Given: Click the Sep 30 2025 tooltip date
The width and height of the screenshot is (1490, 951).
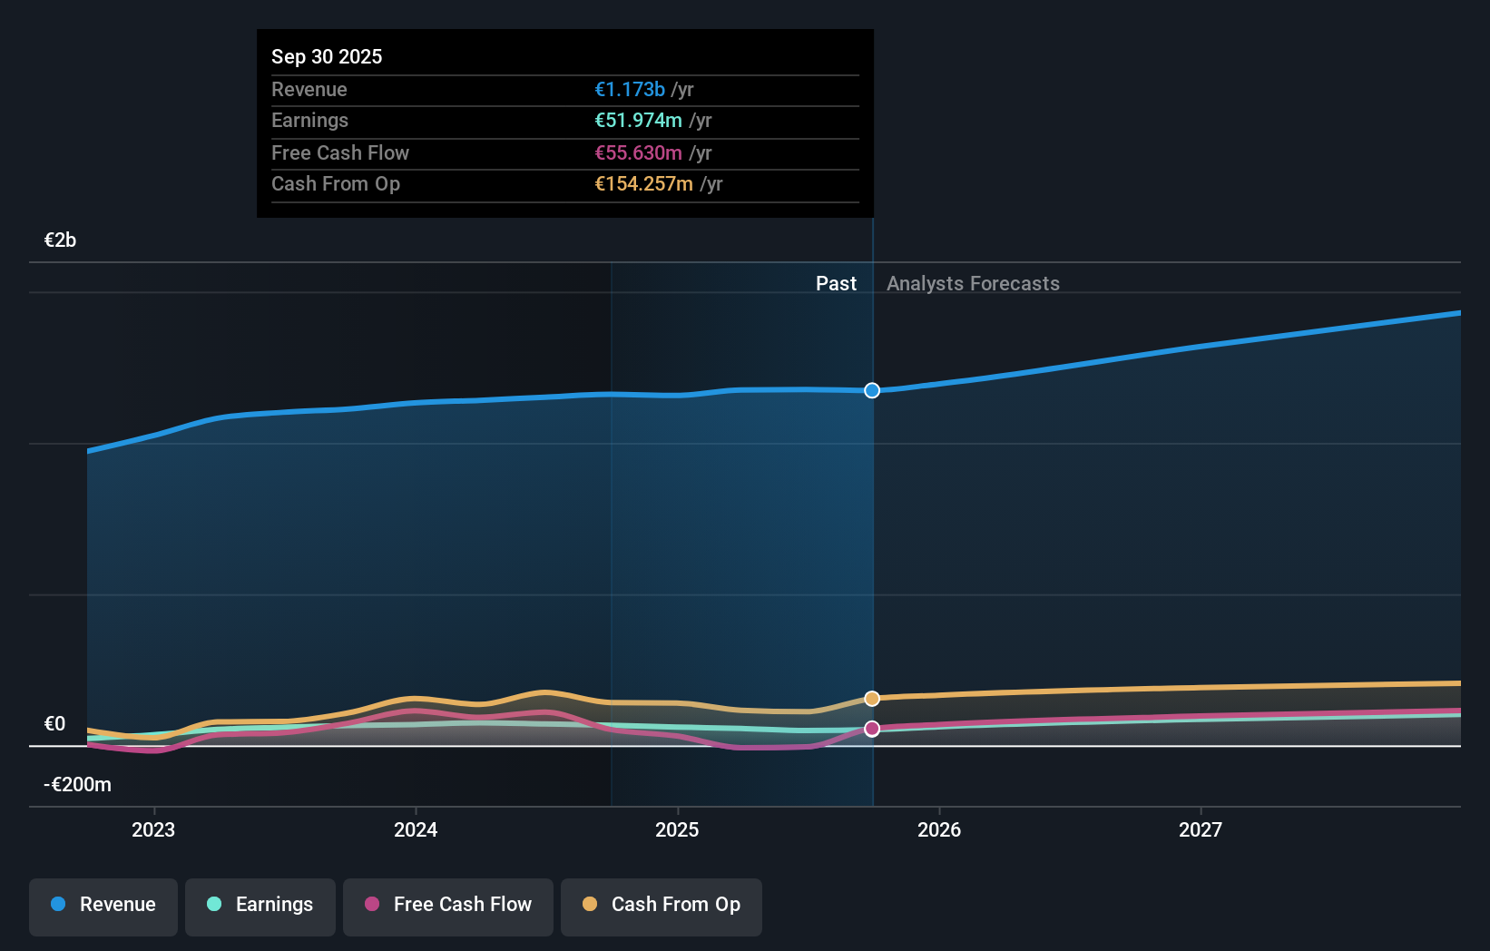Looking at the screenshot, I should click(x=327, y=56).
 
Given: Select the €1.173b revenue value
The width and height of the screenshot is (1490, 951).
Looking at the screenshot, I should click(x=629, y=89).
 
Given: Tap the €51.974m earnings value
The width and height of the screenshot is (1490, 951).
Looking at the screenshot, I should click(x=638, y=120).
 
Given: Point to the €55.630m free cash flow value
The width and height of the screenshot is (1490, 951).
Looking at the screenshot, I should click(x=638, y=152).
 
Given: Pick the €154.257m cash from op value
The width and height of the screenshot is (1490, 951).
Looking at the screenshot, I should click(x=643, y=183).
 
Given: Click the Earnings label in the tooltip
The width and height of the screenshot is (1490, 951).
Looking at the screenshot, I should click(x=309, y=120).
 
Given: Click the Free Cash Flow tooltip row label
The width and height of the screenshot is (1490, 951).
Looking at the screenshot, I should click(x=339, y=152).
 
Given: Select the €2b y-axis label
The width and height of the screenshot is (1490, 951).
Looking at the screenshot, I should click(x=60, y=240).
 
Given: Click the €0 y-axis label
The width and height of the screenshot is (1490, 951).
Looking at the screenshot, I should click(x=54, y=723).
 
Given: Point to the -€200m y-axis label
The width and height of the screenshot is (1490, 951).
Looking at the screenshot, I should click(x=77, y=784).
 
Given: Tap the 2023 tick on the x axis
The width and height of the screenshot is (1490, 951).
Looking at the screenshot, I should click(x=153, y=829).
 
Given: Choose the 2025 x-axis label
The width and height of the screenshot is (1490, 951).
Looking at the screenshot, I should click(x=677, y=829).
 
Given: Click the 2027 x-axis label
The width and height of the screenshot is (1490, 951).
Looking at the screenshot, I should click(x=1200, y=829).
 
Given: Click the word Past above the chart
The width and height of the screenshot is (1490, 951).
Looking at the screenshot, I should click(x=836, y=283).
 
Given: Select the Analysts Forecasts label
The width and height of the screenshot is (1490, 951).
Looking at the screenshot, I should click(x=973, y=283).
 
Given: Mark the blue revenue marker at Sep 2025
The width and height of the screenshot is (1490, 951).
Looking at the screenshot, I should click(x=872, y=390).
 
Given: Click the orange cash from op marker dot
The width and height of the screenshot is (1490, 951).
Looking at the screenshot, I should click(x=872, y=699).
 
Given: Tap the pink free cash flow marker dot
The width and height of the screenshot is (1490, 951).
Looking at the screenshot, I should click(x=872, y=729).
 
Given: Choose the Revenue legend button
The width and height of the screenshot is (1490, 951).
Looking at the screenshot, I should click(x=103, y=905).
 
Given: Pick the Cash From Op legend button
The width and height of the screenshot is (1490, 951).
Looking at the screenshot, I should click(x=661, y=905).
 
